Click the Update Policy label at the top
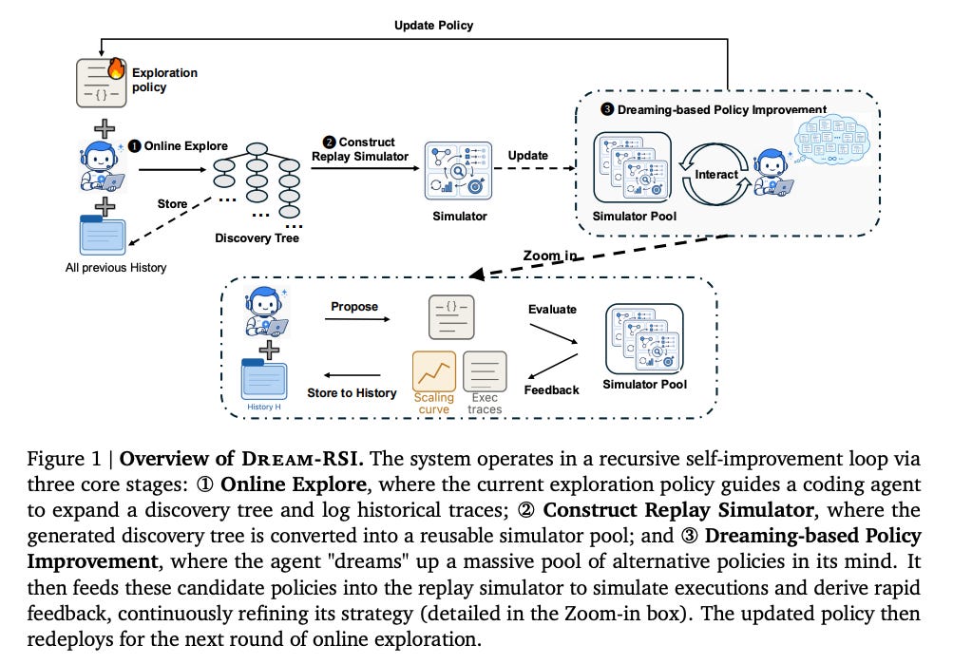point(433,26)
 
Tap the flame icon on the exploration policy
point(116,68)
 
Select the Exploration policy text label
point(164,80)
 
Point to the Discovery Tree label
point(257,238)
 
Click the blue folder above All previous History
point(102,235)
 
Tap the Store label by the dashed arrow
point(172,204)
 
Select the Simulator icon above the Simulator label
point(458,171)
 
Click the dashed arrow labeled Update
point(535,168)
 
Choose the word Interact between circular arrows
point(716,175)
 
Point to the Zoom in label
point(550,256)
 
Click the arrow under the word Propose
point(357,319)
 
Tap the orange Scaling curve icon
point(434,371)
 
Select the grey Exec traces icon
point(485,371)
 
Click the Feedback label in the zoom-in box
point(551,390)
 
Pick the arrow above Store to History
point(352,375)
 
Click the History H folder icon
point(264,379)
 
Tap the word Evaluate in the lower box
point(552,310)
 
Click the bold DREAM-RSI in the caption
point(302,459)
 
